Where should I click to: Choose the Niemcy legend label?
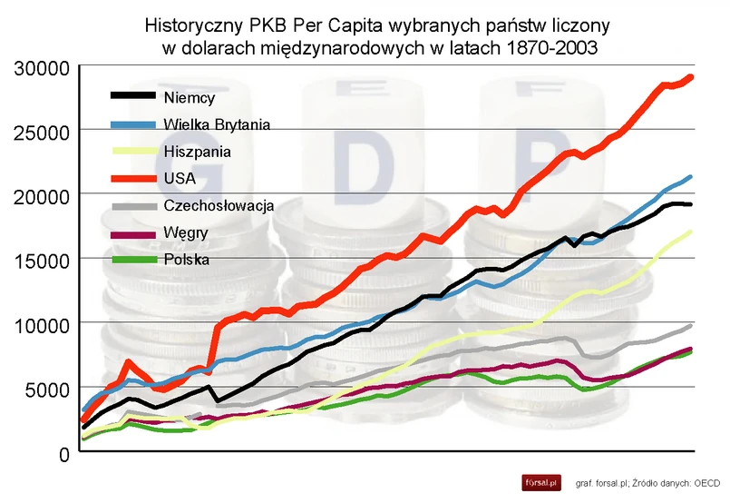190,96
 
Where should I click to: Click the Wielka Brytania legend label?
218,123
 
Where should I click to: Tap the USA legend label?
180,179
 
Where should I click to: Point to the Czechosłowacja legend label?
219,206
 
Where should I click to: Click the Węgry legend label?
187,233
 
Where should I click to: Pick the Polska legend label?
188,260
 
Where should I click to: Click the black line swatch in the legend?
132,95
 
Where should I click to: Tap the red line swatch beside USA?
132,178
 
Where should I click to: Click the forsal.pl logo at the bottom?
541,482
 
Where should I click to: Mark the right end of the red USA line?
692,77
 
